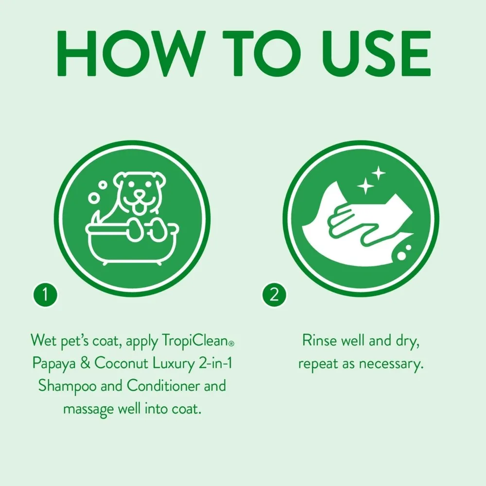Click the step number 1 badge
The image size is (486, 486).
click(x=45, y=295)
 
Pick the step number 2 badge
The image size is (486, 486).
click(x=274, y=295)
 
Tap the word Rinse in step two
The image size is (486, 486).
click(x=319, y=340)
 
